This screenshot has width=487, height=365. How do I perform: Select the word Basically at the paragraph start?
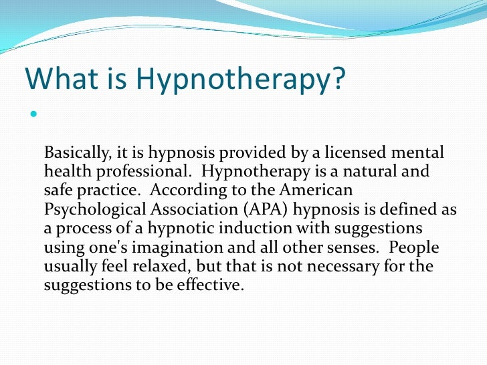[74, 153]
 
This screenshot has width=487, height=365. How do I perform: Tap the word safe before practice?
[58, 191]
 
